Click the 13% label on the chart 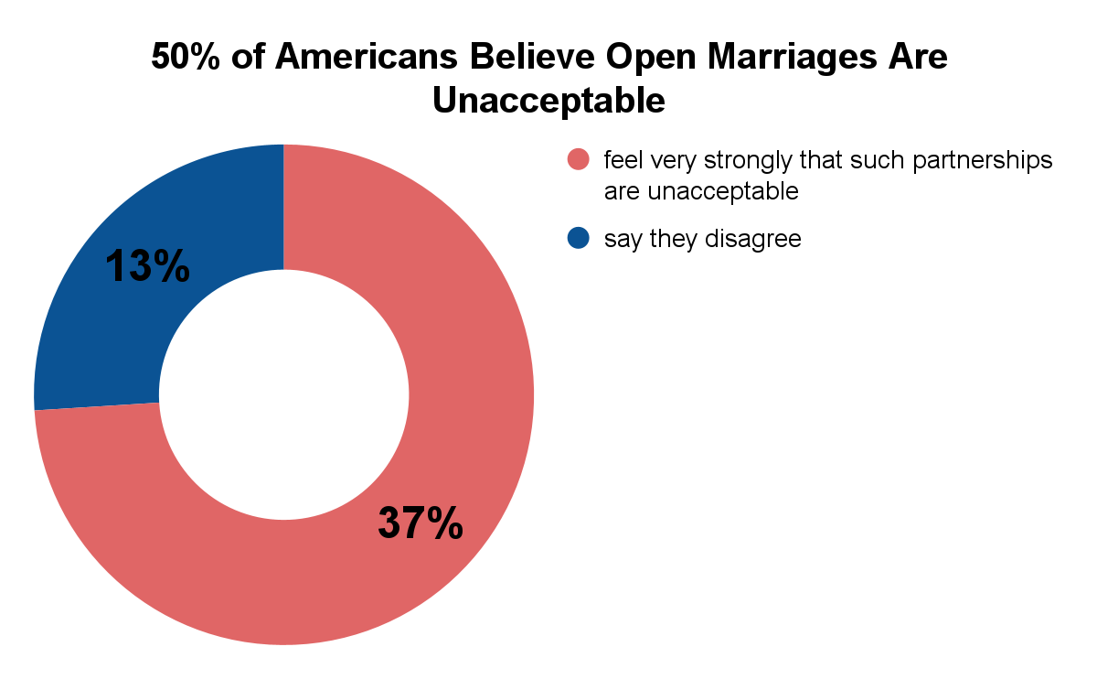tap(147, 266)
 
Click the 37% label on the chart tap(421, 523)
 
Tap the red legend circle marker tap(579, 160)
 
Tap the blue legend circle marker tap(579, 239)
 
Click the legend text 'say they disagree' tap(702, 240)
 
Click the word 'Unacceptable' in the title tap(548, 100)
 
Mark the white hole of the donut tap(283, 394)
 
